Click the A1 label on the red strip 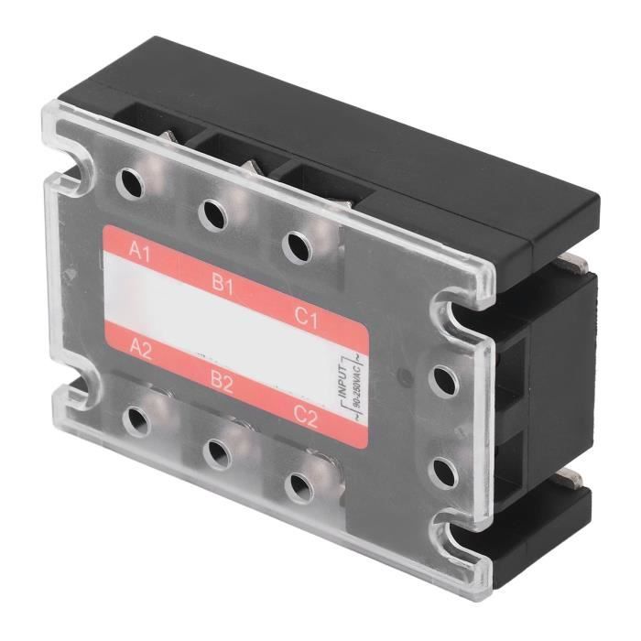click(x=140, y=250)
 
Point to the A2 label click(x=140, y=349)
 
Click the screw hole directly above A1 click(x=132, y=184)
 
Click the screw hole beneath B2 click(x=217, y=451)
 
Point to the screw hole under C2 click(x=299, y=484)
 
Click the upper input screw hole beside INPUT click(x=442, y=377)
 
